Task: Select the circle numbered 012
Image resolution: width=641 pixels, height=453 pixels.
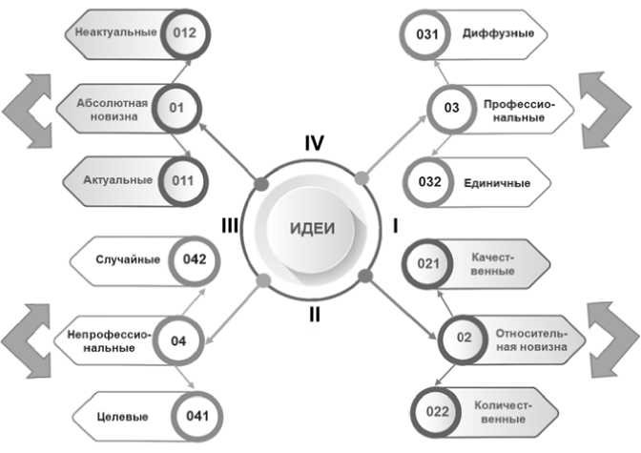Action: pyautogui.click(x=185, y=32)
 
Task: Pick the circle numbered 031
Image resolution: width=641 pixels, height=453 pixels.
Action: pyautogui.click(x=428, y=34)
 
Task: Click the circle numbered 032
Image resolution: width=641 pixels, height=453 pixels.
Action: pyautogui.click(x=428, y=182)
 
